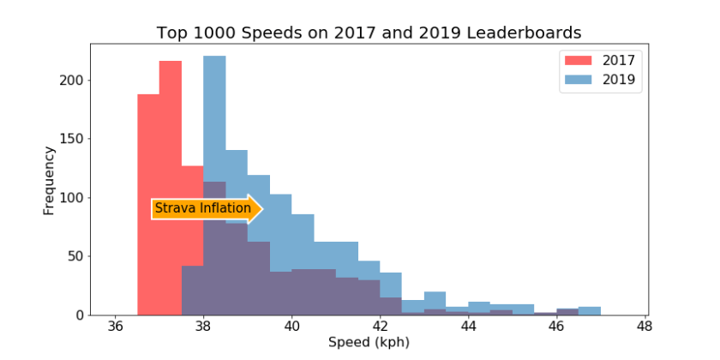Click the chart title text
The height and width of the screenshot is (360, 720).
pos(369,33)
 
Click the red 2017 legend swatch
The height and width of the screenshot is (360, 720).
pos(579,60)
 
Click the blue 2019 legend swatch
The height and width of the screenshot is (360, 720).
pos(579,81)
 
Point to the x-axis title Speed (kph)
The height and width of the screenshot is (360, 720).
pos(369,343)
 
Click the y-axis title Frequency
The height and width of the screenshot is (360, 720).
pos(49,180)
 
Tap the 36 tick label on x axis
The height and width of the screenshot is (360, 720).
pos(116,327)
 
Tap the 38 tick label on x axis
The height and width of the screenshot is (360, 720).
pos(204,327)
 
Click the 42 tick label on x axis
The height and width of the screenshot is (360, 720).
pos(380,327)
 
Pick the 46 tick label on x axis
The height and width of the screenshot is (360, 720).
pos(556,327)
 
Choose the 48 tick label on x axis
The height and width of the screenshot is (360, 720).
pos(645,327)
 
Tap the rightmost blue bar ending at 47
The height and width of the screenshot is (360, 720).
pos(590,310)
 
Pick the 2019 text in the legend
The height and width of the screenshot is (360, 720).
pos(619,81)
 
